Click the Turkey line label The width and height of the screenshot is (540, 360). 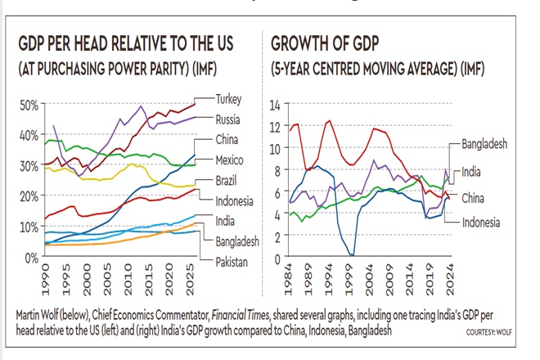coord(230,98)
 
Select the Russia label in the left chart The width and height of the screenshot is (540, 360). coord(230,119)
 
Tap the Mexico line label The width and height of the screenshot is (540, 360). coord(232,160)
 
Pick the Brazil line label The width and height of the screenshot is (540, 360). coord(228,180)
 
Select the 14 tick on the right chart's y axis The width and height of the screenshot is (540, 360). coord(275,105)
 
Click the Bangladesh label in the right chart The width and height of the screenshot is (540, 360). coord(484,144)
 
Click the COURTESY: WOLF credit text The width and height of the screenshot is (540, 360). coord(493,331)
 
